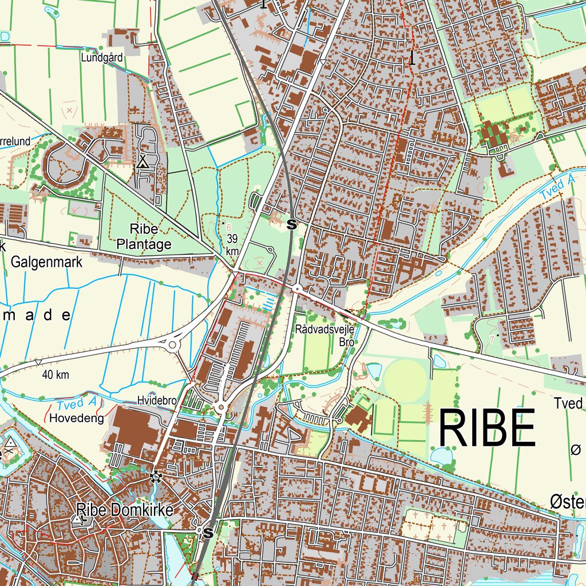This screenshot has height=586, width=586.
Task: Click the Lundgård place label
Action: coord(102,58)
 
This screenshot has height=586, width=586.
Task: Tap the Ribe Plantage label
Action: coord(144,237)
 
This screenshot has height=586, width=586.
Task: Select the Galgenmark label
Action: coord(47,263)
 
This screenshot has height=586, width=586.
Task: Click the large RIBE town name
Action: coord(487,428)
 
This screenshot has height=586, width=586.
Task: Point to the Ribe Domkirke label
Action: coord(124,509)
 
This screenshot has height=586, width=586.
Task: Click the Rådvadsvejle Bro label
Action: coord(325,336)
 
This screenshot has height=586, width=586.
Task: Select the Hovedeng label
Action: coord(77,418)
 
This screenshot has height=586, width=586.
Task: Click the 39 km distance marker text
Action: coord(232,244)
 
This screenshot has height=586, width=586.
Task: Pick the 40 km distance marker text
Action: coord(56,375)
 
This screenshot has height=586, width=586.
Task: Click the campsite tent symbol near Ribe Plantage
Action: coord(142,163)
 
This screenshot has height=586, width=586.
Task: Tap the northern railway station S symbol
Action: coord(292,224)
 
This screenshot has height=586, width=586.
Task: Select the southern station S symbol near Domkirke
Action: coord(208,533)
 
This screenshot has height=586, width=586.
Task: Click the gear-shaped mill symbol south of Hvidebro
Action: coord(155,476)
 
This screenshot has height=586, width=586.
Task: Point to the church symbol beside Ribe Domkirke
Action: coord(78,519)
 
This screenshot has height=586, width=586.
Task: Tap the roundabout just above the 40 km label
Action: coord(172,345)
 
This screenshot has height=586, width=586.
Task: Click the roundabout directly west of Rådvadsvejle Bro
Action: coord(297,290)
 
